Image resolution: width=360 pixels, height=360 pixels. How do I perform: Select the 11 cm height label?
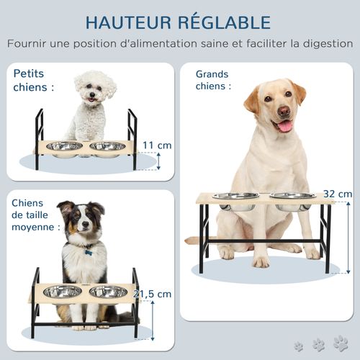point(158,145)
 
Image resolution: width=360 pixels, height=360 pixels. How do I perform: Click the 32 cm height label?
point(338,194)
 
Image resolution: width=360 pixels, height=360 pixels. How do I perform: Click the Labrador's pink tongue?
point(285,126)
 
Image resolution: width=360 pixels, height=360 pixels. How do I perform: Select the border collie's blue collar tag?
point(88,252)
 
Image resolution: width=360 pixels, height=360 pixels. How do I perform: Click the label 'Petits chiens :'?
point(34,80)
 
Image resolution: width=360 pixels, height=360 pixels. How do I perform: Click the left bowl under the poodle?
point(64,146)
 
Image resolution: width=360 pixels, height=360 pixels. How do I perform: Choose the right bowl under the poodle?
point(107,146)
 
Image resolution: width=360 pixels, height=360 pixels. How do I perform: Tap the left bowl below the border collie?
point(63,291)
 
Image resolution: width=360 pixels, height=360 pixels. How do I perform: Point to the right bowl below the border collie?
point(108,291)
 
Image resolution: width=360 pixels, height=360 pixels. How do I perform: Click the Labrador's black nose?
point(284,112)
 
